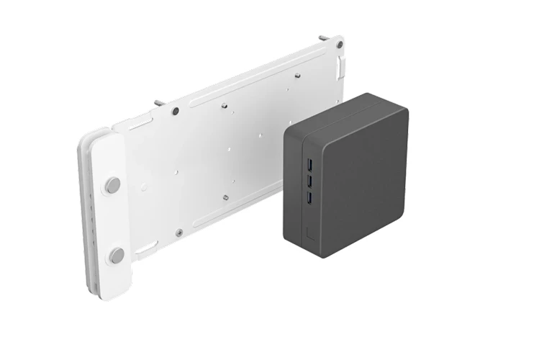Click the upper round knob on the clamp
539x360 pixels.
[x=113, y=185]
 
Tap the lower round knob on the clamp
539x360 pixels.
[x=117, y=255]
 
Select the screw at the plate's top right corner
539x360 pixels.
[x=339, y=45]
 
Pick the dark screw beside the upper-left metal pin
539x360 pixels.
[x=175, y=111]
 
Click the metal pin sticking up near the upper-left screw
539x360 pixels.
[x=158, y=104]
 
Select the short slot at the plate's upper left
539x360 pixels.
[x=141, y=127]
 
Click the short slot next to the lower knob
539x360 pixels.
[x=146, y=247]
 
